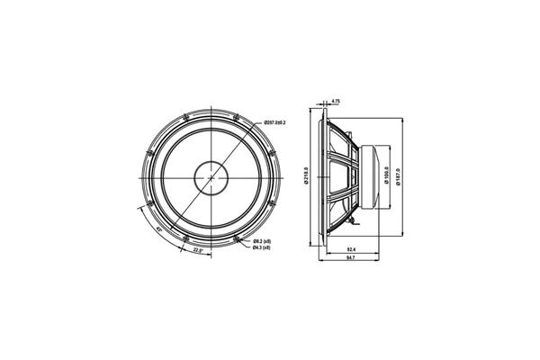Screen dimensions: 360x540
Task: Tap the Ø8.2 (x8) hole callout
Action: (x=262, y=241)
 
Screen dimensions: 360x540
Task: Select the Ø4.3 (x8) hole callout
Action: (x=262, y=247)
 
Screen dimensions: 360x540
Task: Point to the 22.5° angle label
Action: (x=198, y=250)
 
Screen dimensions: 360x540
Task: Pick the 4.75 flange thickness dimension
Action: (x=335, y=102)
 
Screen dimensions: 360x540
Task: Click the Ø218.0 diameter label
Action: (x=307, y=176)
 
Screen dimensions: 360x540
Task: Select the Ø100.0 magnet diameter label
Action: (x=386, y=176)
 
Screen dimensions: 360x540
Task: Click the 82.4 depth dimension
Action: (x=350, y=248)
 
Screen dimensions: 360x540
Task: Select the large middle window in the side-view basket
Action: (x=341, y=176)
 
